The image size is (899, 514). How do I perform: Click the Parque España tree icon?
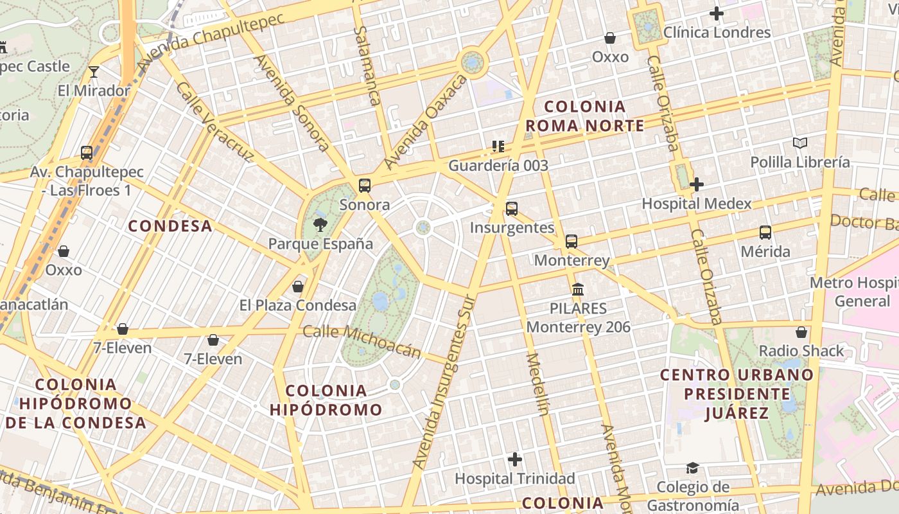point(320,224)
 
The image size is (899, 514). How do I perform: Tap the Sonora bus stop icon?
point(365,186)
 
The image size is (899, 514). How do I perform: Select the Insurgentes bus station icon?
point(512,209)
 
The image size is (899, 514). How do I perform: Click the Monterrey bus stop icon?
point(572,242)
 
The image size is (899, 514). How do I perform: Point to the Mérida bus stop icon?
point(765,233)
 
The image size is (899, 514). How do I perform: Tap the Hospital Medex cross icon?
point(697,184)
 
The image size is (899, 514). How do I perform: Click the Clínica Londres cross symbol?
point(717,13)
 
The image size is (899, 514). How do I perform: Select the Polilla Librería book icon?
point(799,143)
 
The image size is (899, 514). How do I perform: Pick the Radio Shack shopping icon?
point(801,332)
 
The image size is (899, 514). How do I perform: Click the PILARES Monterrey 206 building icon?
point(578,290)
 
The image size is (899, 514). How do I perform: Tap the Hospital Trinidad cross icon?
point(514,459)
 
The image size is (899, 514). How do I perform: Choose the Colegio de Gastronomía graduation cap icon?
point(692,468)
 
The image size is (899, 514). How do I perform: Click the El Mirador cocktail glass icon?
point(94,71)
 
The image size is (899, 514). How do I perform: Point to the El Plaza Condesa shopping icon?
point(298,287)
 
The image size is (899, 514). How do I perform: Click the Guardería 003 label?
point(498,165)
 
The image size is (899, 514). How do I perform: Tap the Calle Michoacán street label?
point(362,341)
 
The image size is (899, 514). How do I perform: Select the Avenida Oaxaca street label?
point(424,122)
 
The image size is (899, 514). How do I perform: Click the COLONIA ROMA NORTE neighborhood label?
point(584,116)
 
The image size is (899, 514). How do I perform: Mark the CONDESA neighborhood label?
point(170,226)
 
